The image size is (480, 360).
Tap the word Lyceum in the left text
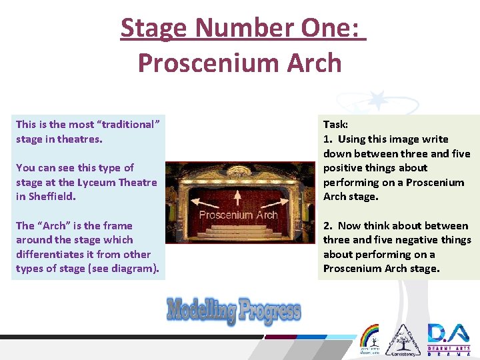pyautogui.click(x=99, y=182)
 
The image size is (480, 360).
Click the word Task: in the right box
pyautogui.click(x=336, y=125)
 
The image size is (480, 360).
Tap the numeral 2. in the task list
pyautogui.click(x=327, y=226)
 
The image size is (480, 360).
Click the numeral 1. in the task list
pyautogui.click(x=327, y=139)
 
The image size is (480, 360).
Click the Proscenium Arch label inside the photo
pyautogui.click(x=238, y=215)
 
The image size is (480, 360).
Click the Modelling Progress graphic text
pyautogui.click(x=233, y=310)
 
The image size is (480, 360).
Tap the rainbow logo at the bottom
pyautogui.click(x=369, y=337)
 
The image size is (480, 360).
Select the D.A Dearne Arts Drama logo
pyautogui.click(x=449, y=339)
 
